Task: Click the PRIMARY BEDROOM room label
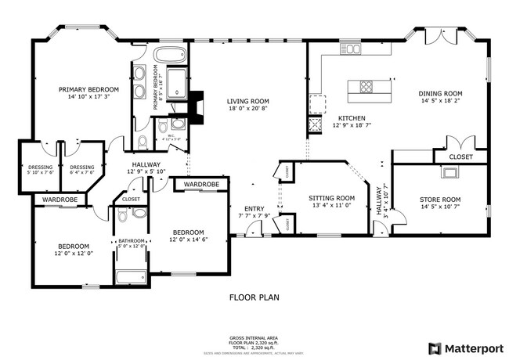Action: [x=88, y=89]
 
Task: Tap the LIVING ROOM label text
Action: [x=248, y=101]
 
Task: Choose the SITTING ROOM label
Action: [x=331, y=198]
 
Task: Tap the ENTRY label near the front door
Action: [x=254, y=208]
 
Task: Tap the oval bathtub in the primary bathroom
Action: [x=165, y=56]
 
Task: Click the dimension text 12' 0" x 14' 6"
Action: [x=188, y=239]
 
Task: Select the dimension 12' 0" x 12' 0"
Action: [x=74, y=253]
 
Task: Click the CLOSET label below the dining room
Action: [x=460, y=157]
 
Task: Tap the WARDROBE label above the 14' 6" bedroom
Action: [x=201, y=185]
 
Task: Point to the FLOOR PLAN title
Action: [x=254, y=297]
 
